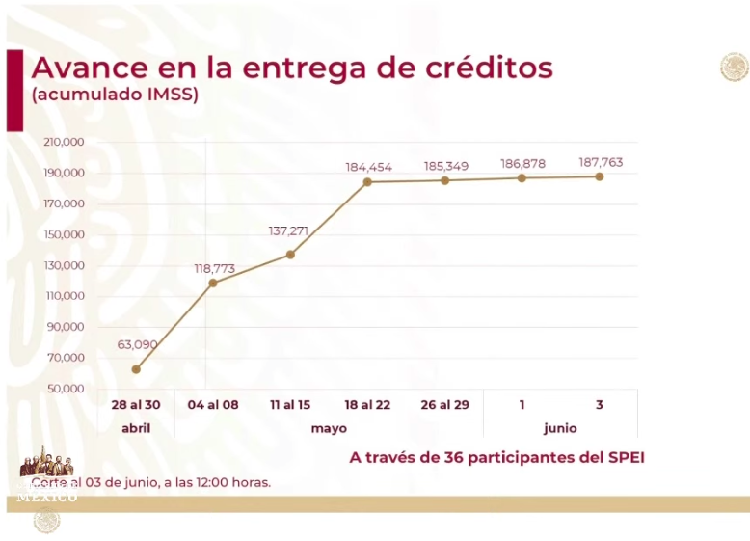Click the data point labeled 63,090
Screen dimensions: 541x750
[136, 369]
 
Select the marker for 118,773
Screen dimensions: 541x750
[213, 283]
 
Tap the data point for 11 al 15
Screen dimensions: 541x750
[290, 255]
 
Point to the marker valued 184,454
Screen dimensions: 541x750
[368, 181]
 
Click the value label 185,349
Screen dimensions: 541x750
[446, 167]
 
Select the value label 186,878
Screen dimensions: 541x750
[522, 164]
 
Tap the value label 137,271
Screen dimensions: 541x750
[290, 231]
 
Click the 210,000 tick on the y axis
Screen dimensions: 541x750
[65, 143]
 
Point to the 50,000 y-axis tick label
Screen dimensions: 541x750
[67, 389]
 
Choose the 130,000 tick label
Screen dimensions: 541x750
[65, 265]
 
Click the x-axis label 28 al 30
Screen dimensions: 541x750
[136, 405]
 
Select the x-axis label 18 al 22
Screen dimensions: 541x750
[368, 405]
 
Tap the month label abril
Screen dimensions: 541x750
[136, 428]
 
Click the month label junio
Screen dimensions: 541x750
[560, 428]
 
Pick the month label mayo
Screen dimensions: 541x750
[329, 428]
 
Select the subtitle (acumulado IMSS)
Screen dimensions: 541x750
[115, 95]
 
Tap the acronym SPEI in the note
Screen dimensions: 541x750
[623, 457]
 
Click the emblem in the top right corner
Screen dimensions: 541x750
[734, 67]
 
